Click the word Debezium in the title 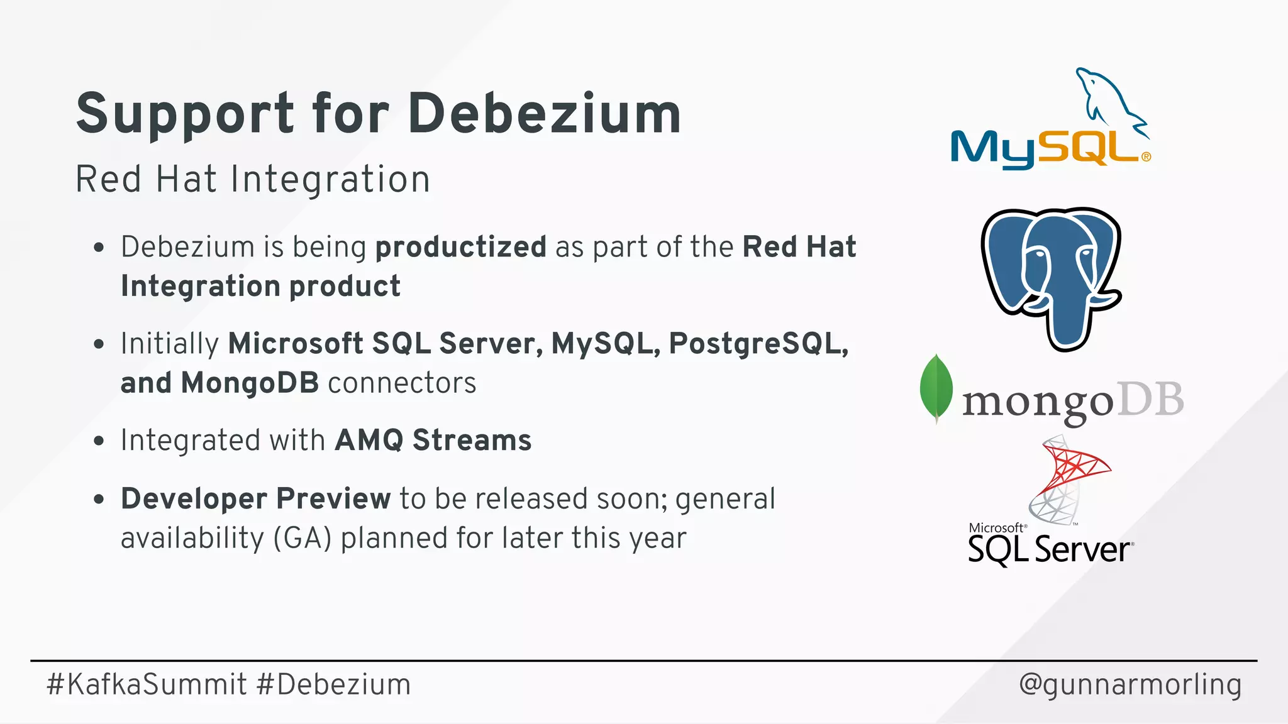tap(544, 114)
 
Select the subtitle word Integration tap(330, 180)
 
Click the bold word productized tap(460, 247)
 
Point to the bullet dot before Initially tap(99, 344)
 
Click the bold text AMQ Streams tap(433, 441)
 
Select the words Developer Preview tap(255, 499)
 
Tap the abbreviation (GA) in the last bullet tap(302, 539)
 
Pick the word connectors tap(402, 383)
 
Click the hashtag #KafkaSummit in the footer tap(147, 684)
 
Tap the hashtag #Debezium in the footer tap(334, 684)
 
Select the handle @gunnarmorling tap(1130, 684)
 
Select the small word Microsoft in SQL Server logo tap(996, 528)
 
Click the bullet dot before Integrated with tap(99, 441)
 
